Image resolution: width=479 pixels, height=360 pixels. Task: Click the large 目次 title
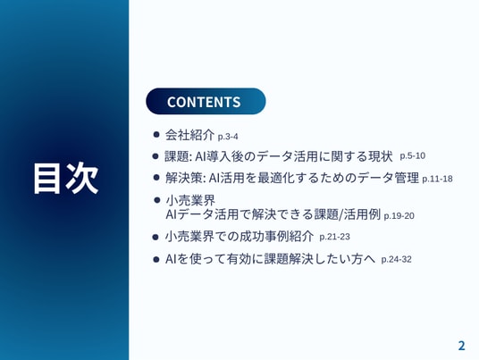coord(65,179)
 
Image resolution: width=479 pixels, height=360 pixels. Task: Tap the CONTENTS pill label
coord(204,102)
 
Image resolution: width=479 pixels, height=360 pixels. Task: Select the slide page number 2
coord(461,346)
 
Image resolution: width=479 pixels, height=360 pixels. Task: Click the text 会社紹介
coord(189,135)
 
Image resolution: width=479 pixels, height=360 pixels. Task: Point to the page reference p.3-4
coord(228,137)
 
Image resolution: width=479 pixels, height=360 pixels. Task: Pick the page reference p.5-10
coord(412,155)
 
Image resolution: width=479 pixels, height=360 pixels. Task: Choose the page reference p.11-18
coord(437,179)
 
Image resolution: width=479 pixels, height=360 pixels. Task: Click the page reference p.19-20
coord(399,215)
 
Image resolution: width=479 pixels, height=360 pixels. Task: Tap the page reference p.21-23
coord(334,237)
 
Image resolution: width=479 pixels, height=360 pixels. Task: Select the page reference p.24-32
coord(396,259)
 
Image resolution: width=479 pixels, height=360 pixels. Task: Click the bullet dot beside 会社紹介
coord(156,134)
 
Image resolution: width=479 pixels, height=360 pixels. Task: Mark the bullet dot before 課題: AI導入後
coord(155,156)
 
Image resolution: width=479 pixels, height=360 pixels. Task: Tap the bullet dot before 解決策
coord(156,178)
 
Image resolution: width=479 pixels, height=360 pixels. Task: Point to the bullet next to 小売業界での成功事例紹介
coord(155,237)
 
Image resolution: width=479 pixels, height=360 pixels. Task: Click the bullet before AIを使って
coord(156,260)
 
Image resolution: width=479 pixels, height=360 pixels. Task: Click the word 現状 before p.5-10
coord(380,156)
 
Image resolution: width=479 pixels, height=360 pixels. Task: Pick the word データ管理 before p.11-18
coord(388,178)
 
